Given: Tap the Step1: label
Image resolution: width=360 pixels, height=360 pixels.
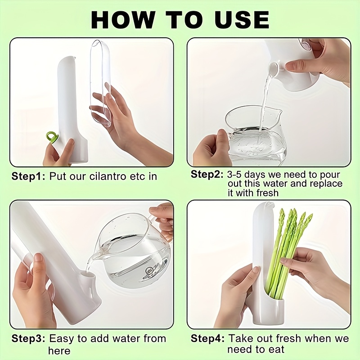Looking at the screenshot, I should pyautogui.click(x=28, y=176).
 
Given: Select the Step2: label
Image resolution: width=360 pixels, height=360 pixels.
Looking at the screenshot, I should pyautogui.click(x=207, y=175).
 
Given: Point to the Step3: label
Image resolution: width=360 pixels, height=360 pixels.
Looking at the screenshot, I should pyautogui.click(x=28, y=338).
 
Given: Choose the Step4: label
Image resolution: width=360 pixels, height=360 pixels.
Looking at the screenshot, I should pyautogui.click(x=207, y=338).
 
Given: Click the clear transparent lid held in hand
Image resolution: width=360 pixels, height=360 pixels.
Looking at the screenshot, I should pyautogui.click(x=101, y=81).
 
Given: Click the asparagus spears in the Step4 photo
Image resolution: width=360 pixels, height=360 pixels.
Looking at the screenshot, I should pyautogui.click(x=288, y=247).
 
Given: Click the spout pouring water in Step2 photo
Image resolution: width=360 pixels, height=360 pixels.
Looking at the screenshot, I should pyautogui.click(x=273, y=69).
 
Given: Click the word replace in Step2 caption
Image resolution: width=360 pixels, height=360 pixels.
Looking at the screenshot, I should pyautogui.click(x=325, y=184).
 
